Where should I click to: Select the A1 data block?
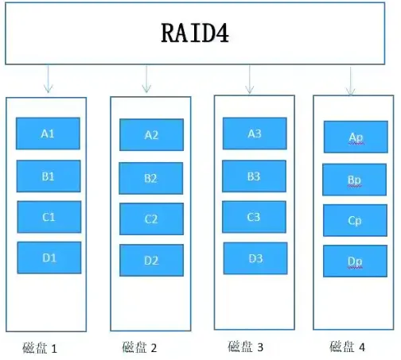pyautogui.click(x=49, y=134)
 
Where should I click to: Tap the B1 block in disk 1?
pyautogui.click(x=49, y=176)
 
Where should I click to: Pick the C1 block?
pyautogui.click(x=49, y=216)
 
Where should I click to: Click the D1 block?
pyautogui.click(x=49, y=257)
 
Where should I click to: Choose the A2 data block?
pyautogui.click(x=151, y=135)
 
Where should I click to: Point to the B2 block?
pyautogui.click(x=151, y=178)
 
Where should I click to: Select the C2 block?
pyautogui.click(x=151, y=219)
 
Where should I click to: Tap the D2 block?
pyautogui.click(x=151, y=260)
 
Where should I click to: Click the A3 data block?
pyautogui.click(x=255, y=134)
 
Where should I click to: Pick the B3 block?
pyautogui.click(x=255, y=176)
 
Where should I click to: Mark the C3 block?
pyautogui.click(x=255, y=216)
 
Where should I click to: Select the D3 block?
pyautogui.click(x=255, y=257)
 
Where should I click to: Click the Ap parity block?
pyautogui.click(x=355, y=137)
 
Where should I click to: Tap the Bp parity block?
pyautogui.click(x=355, y=180)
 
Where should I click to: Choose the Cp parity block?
pyautogui.click(x=355, y=220)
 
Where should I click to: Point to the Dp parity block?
pyautogui.click(x=355, y=261)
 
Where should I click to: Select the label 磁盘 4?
pyautogui.click(x=348, y=346)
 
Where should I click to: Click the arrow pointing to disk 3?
pyautogui.click(x=250, y=79)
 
